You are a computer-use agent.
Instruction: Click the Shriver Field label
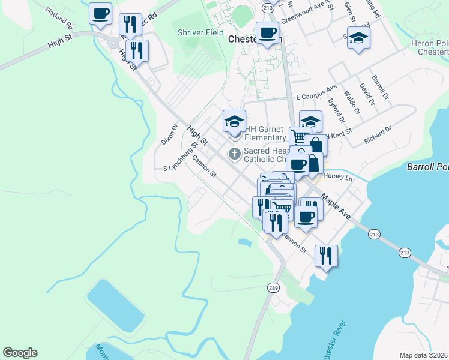click(x=200, y=32)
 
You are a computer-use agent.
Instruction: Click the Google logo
click(x=20, y=353)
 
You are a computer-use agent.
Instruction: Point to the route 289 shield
click(x=273, y=289)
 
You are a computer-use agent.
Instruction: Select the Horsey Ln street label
click(x=338, y=177)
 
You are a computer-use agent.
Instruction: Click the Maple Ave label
click(x=336, y=206)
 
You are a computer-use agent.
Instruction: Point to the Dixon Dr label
click(x=170, y=136)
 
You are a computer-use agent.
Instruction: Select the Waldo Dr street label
click(x=352, y=102)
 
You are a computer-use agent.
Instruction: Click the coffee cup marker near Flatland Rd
click(x=100, y=13)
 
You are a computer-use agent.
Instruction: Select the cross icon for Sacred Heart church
click(x=234, y=154)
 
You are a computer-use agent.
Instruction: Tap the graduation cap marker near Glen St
click(x=358, y=37)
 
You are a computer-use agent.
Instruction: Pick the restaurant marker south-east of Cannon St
click(x=326, y=255)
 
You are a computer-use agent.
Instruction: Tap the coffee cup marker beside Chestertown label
click(x=267, y=32)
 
